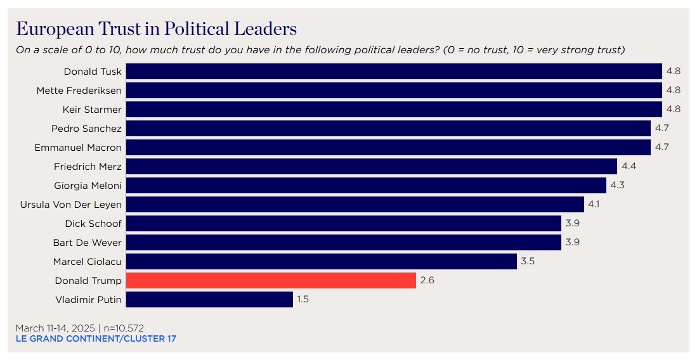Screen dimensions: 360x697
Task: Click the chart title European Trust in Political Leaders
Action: tap(156, 29)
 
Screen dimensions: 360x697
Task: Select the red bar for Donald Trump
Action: tap(271, 280)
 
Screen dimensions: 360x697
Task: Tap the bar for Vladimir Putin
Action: tap(209, 299)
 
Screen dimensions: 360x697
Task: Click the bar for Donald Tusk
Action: tap(394, 71)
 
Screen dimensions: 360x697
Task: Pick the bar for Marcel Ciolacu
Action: tap(322, 261)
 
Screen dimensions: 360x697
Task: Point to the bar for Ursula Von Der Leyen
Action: tap(355, 204)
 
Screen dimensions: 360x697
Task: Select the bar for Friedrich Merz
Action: tap(372, 166)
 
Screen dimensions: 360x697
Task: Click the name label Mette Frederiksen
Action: tap(79, 90)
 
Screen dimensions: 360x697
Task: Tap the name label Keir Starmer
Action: tap(92, 109)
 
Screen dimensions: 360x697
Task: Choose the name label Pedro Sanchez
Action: tap(86, 128)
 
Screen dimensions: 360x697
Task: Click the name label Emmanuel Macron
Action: tap(78, 147)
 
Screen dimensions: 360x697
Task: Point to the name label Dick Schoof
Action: tap(93, 223)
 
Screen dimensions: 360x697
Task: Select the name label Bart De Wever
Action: tap(87, 242)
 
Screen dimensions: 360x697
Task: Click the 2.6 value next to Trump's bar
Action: tap(427, 280)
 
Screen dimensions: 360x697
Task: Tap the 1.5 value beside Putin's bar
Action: tap(303, 299)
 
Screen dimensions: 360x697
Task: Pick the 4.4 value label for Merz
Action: tap(628, 166)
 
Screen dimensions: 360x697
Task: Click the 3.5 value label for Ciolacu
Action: tap(528, 261)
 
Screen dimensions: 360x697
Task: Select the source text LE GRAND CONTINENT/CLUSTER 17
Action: tap(96, 338)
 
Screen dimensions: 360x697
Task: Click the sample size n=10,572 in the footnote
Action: tap(124, 328)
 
